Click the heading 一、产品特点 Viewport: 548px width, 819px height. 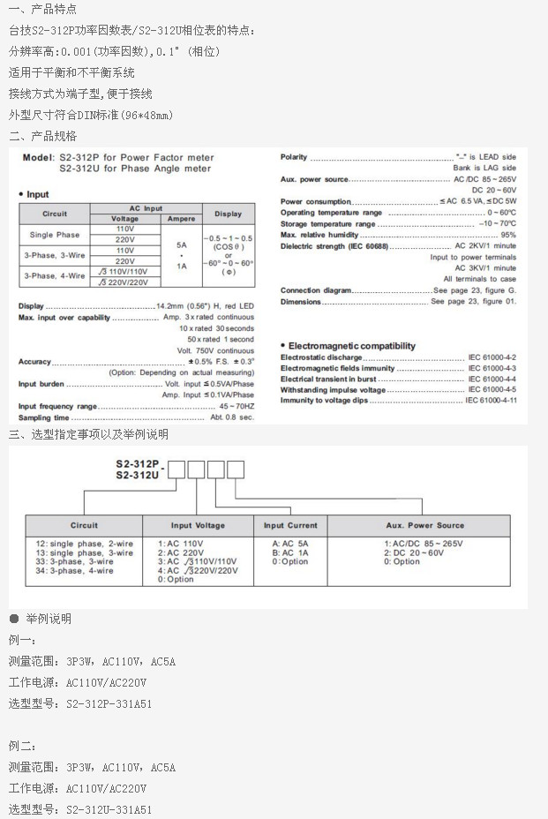pyautogui.click(x=43, y=10)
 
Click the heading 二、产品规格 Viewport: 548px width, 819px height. pyautogui.click(x=43, y=136)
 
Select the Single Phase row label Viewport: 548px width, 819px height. pyautogui.click(x=54, y=235)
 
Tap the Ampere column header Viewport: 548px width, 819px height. pyautogui.click(x=181, y=218)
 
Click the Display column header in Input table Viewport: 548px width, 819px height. pyautogui.click(x=228, y=213)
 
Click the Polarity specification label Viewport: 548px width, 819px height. pyautogui.click(x=294, y=157)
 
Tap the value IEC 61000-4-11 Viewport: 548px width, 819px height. pyautogui.click(x=491, y=401)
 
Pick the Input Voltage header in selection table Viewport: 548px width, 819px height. pyautogui.click(x=198, y=525)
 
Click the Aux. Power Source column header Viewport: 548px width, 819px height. pyautogui.click(x=424, y=525)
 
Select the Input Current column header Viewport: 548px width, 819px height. pyautogui.click(x=290, y=525)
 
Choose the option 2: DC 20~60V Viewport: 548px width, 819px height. pyautogui.click(x=415, y=552)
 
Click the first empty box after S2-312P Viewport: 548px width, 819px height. pyautogui.click(x=176, y=469)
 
